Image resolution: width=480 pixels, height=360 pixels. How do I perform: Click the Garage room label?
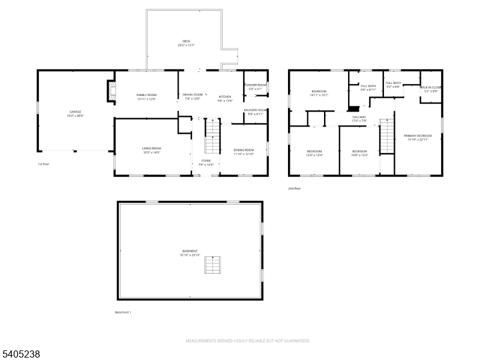coord(75,112)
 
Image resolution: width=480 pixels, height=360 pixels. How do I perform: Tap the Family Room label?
coord(146,95)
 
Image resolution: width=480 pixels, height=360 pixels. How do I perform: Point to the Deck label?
coord(186,41)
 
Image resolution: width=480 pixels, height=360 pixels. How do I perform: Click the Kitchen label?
coord(224,97)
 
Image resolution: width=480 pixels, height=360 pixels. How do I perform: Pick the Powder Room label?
coord(254,85)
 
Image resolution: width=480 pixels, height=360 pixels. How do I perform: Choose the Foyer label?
coord(206,161)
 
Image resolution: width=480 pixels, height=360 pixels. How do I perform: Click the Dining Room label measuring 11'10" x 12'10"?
coord(244,150)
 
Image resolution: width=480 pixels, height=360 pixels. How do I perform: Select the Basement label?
coord(190,251)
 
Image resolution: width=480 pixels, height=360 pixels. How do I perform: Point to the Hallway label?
coord(359,117)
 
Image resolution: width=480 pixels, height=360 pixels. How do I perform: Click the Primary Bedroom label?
coord(418,136)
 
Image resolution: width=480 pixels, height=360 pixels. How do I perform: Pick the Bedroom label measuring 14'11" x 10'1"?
coord(319,92)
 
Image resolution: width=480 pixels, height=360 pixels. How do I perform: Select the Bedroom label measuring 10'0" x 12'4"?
coord(359,151)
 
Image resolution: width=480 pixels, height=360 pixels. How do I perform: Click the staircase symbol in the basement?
coord(212,264)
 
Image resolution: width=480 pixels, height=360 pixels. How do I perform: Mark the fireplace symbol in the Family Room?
coord(110,92)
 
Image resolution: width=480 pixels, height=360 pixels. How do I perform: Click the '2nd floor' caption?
coord(295,188)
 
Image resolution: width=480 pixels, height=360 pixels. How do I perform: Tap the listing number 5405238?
coord(21,355)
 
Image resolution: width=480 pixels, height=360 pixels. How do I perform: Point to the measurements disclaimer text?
coord(247,341)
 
